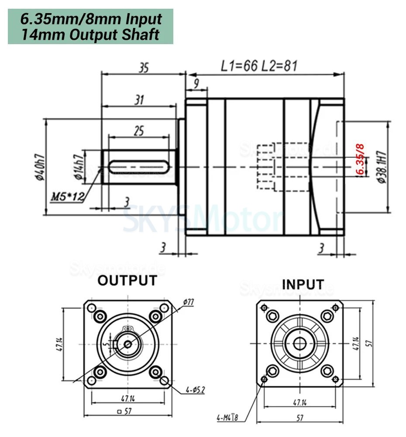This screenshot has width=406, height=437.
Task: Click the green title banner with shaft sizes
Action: click(90, 27)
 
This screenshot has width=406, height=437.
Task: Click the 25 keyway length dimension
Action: click(138, 131)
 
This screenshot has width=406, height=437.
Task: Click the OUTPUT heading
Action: click(127, 281)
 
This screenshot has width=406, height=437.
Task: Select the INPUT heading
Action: click(303, 284)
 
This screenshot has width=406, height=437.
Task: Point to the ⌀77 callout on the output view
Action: click(189, 302)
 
